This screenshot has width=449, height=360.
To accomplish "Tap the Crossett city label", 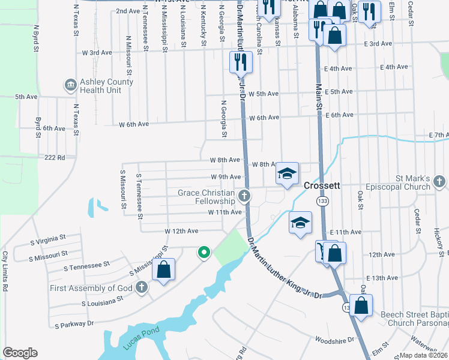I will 322,185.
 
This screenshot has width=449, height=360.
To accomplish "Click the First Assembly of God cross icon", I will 142,287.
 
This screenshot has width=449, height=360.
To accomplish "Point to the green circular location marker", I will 204,253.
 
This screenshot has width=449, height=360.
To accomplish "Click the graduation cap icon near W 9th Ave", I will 288,174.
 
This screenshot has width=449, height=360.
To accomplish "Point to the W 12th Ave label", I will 181,231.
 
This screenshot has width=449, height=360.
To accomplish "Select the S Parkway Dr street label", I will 74,324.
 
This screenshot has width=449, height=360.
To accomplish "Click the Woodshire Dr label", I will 331,340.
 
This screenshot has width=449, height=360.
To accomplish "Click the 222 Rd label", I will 54,157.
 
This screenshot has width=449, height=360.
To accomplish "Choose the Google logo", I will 20,353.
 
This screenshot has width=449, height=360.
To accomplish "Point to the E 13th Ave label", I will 382,278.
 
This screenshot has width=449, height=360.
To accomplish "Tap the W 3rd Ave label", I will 97,53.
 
